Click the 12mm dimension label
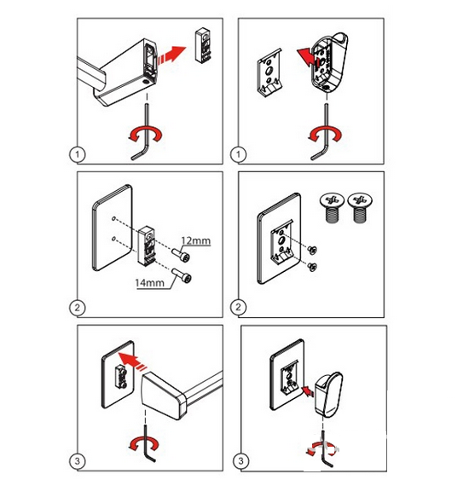tap(196, 241)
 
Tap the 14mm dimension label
tap(150, 282)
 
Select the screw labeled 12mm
tap(182, 255)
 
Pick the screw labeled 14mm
tap(182, 275)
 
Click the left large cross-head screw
tap(332, 207)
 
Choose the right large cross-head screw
tap(360, 207)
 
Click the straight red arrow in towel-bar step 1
tap(171, 55)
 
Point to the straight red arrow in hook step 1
tap(307, 56)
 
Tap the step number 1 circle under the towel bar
tap(77, 154)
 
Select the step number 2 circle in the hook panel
tap(238, 307)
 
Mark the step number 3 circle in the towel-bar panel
tap(77, 461)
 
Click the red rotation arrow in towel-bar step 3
tap(143, 443)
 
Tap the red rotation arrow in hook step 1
tap(325, 134)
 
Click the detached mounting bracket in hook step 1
tap(269, 72)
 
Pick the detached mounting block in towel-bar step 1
tap(203, 44)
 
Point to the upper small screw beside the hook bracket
tap(313, 250)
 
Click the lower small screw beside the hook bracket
tap(313, 267)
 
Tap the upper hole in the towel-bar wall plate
tap(114, 218)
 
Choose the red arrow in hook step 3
tap(308, 390)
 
